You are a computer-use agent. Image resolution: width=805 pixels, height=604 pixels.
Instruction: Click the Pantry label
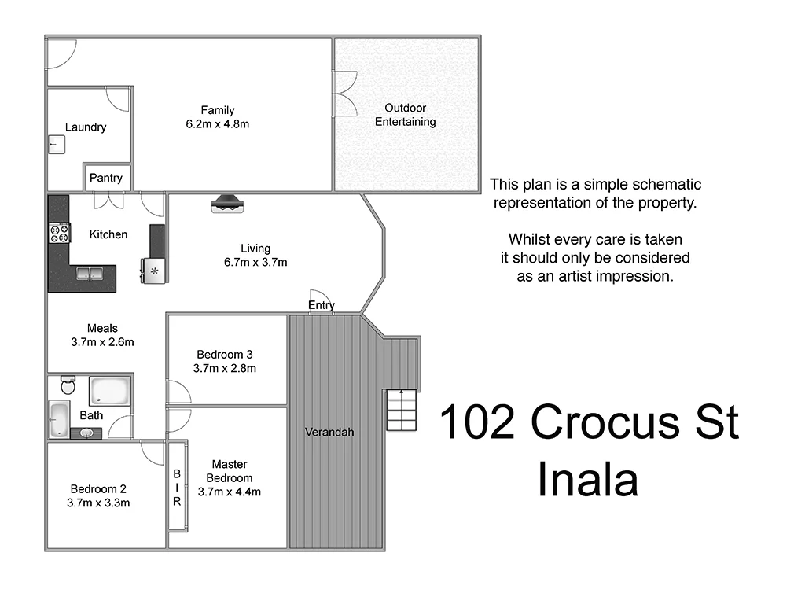[105, 178]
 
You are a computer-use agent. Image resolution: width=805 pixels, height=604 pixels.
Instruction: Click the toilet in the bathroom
[68, 386]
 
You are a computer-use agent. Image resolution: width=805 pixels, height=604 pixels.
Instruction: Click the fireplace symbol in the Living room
[230, 204]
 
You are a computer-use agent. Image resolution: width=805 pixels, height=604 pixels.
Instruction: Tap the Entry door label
[321, 305]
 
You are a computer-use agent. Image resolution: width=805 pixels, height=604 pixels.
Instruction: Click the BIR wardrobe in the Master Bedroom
[178, 488]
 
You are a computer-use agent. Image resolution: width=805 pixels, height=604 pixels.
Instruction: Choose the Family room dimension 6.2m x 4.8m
[217, 124]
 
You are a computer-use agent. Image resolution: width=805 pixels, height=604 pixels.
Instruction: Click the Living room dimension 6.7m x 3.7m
[255, 262]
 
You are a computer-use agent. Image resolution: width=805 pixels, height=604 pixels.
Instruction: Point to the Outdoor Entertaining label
[405, 115]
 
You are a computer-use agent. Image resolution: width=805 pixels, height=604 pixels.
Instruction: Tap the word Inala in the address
[587, 480]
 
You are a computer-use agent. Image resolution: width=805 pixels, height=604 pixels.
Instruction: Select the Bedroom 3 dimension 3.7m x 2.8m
[225, 368]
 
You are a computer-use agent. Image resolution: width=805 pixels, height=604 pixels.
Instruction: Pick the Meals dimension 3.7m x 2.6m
[102, 342]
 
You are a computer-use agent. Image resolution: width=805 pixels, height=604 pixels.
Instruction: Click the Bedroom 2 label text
[99, 488]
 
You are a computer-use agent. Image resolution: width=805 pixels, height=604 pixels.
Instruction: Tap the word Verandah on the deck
[329, 432]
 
